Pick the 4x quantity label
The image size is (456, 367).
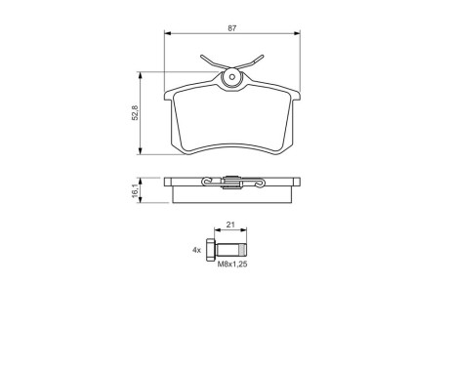click(196, 250)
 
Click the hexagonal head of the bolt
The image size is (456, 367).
click(214, 249)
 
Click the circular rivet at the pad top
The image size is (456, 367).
click(231, 79)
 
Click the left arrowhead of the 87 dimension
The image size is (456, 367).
click(167, 33)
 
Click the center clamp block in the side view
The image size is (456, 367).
click(231, 182)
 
